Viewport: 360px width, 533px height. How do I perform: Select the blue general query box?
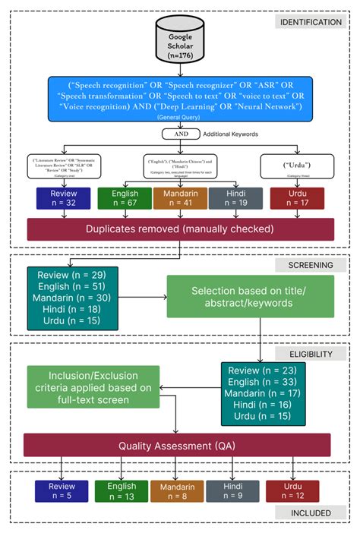[180, 99]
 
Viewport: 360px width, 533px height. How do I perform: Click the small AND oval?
[179, 134]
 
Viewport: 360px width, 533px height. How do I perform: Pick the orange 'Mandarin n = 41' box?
[180, 198]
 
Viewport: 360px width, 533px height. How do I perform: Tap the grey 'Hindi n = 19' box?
[236, 198]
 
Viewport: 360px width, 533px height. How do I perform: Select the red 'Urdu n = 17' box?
[297, 198]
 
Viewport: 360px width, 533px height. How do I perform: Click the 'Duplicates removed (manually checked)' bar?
[180, 229]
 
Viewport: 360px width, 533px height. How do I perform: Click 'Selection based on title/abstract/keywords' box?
[251, 297]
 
